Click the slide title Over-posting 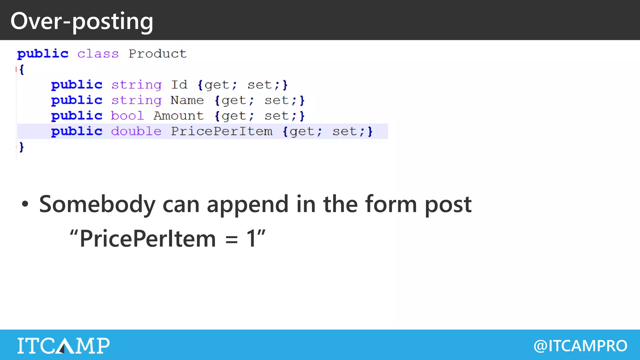coord(82,21)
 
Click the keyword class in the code coord(98,54)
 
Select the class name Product coord(157,54)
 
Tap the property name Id coord(179,85)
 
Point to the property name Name coord(187,100)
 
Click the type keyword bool coord(127,116)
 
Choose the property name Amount coord(178,116)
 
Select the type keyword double coord(136,131)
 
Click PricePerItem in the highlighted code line coord(222,131)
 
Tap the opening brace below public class coord(22,69)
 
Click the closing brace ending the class coord(21,147)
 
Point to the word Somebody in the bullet coord(97,204)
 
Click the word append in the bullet coord(247,204)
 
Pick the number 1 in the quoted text coord(251,238)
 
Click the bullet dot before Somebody coord(25,204)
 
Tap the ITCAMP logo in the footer coord(63,345)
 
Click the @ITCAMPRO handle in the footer coord(580,346)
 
